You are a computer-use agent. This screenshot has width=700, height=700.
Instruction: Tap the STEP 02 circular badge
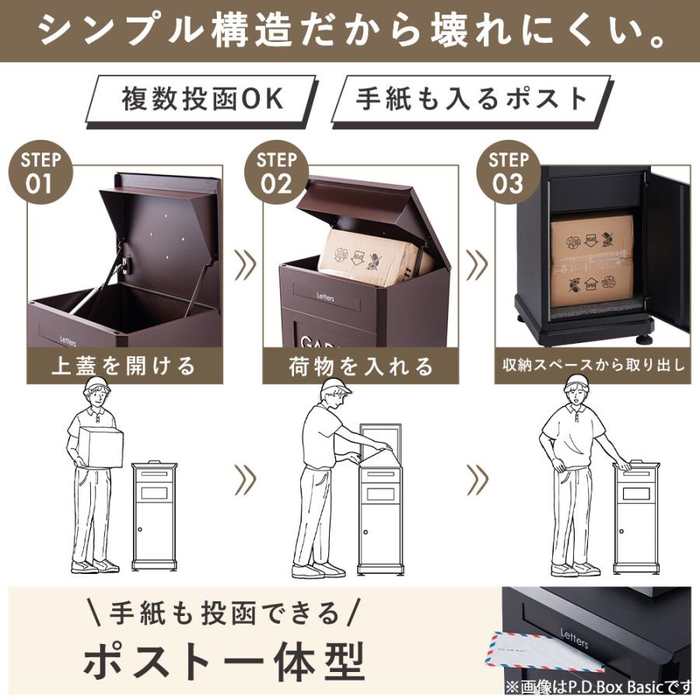275,173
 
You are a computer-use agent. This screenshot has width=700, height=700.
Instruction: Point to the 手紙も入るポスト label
472,100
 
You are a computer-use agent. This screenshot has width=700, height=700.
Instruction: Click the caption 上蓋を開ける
124,365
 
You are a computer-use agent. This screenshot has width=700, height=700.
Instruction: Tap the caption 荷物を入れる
360,365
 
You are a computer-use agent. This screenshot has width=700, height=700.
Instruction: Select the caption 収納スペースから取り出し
593,365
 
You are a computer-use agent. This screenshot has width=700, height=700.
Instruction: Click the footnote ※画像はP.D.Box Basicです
597,687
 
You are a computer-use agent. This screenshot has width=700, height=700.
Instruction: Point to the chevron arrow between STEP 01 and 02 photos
245,265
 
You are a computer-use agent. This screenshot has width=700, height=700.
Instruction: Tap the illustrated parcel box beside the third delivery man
636,517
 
